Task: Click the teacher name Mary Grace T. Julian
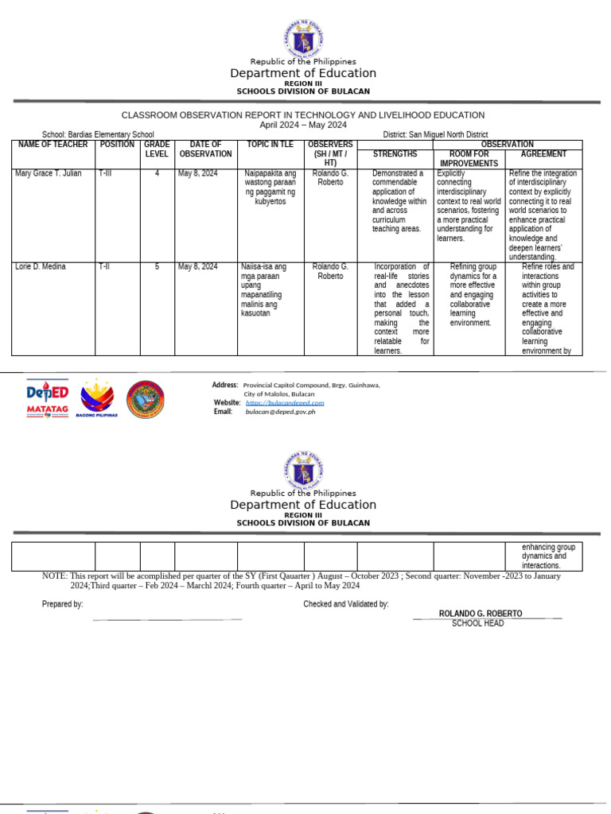[48, 173]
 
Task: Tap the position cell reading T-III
[105, 173]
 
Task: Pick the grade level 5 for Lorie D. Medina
[157, 267]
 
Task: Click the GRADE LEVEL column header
[157, 149]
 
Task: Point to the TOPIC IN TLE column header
[270, 145]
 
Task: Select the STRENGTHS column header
[395, 154]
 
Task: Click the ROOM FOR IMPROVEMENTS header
[469, 158]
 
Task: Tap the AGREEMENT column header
[543, 154]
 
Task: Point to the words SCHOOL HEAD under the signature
[477, 623]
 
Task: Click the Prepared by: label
[62, 605]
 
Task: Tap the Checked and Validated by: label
[346, 605]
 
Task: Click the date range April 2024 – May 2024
[303, 125]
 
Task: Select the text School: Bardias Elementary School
[98, 135]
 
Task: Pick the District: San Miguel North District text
[435, 135]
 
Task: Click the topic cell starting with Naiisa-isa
[263, 290]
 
